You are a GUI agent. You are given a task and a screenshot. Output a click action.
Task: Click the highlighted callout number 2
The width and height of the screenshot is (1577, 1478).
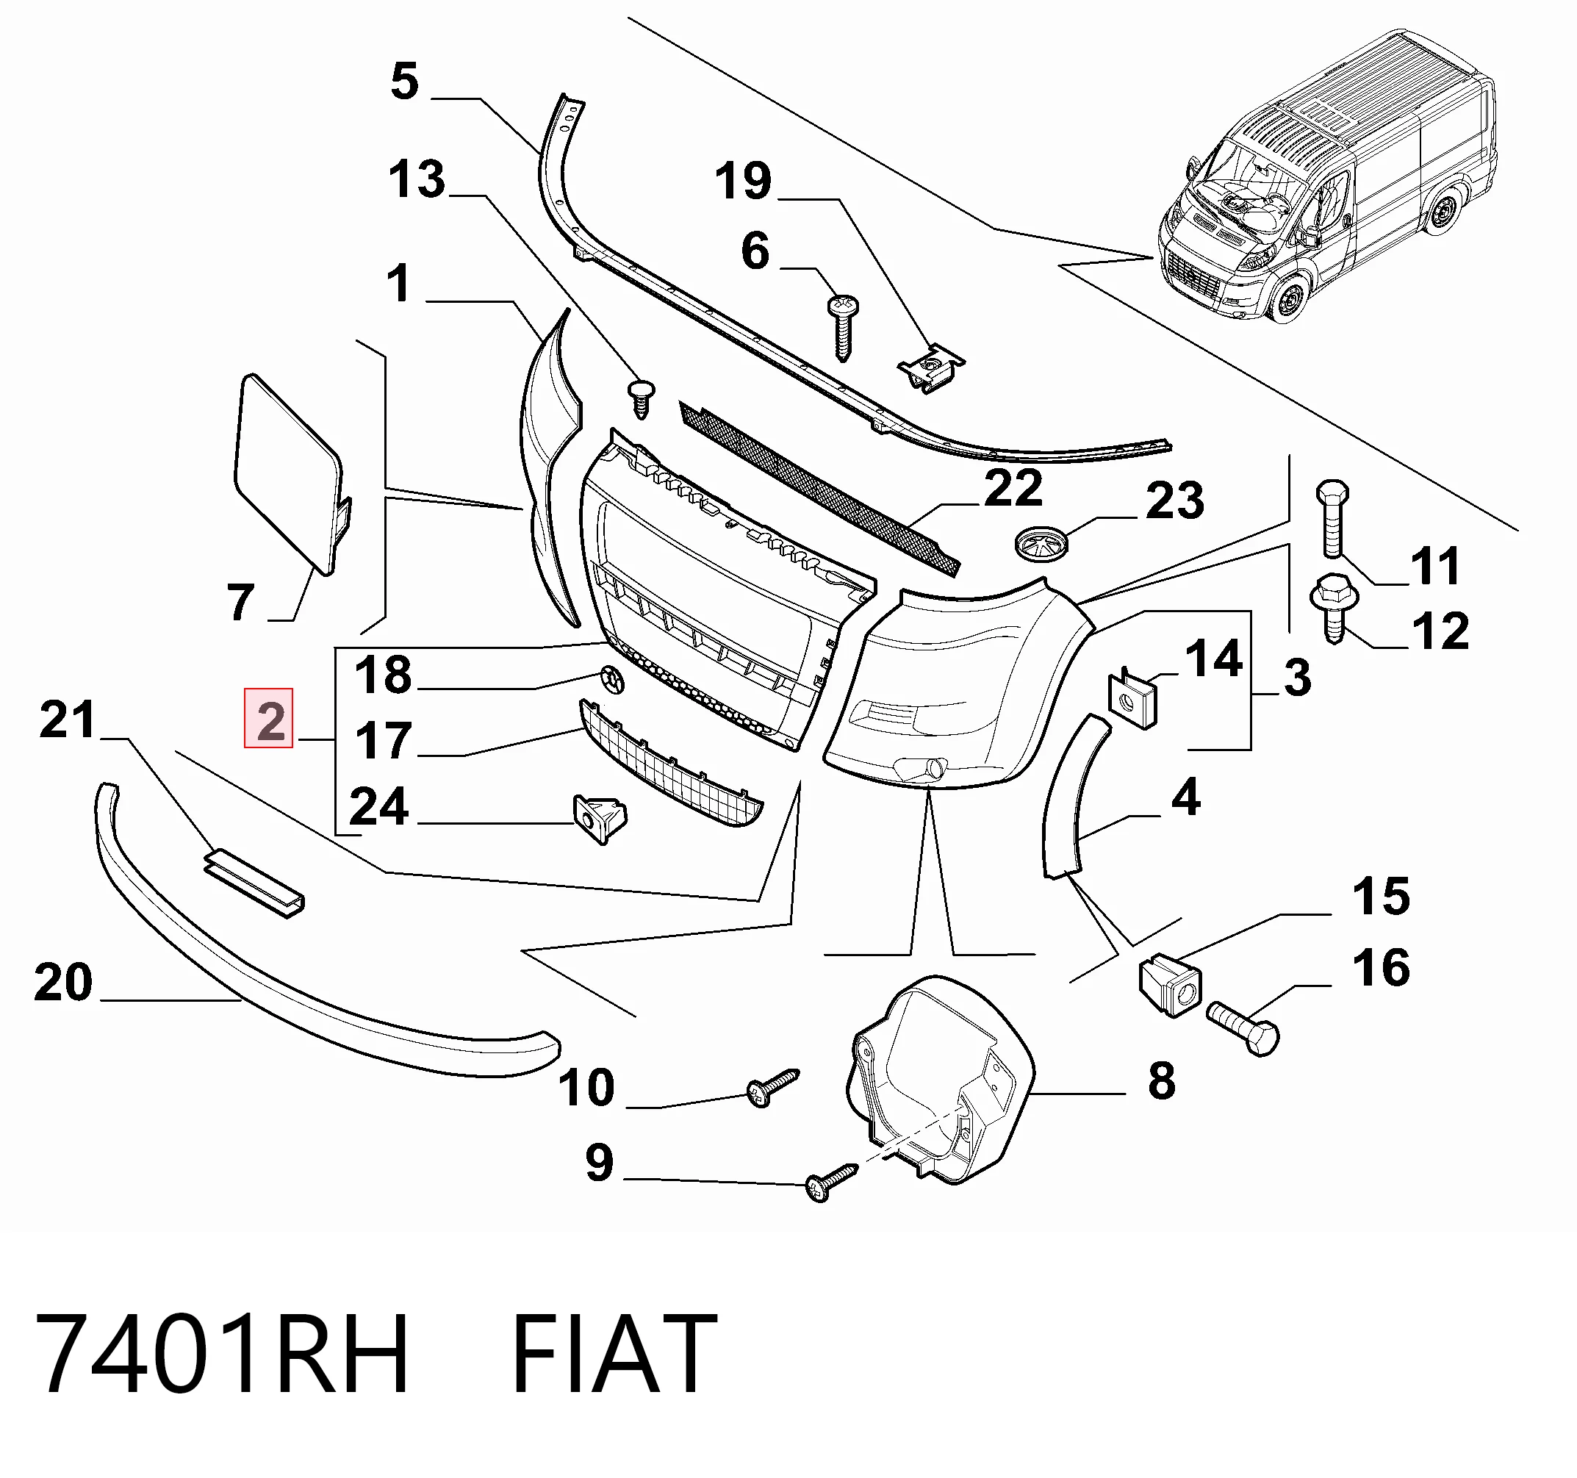click(269, 719)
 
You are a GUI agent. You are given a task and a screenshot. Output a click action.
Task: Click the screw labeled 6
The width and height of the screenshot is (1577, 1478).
click(843, 328)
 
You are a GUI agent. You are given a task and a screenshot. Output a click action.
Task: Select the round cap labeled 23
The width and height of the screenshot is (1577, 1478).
click(1041, 543)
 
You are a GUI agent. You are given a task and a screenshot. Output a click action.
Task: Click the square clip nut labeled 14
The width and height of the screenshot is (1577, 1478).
click(1132, 698)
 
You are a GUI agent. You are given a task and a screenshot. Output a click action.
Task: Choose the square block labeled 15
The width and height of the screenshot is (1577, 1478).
click(1170, 986)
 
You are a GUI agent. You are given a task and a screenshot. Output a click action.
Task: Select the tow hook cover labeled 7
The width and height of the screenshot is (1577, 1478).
click(291, 473)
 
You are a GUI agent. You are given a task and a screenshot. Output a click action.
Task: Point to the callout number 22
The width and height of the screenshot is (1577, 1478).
click(1013, 487)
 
